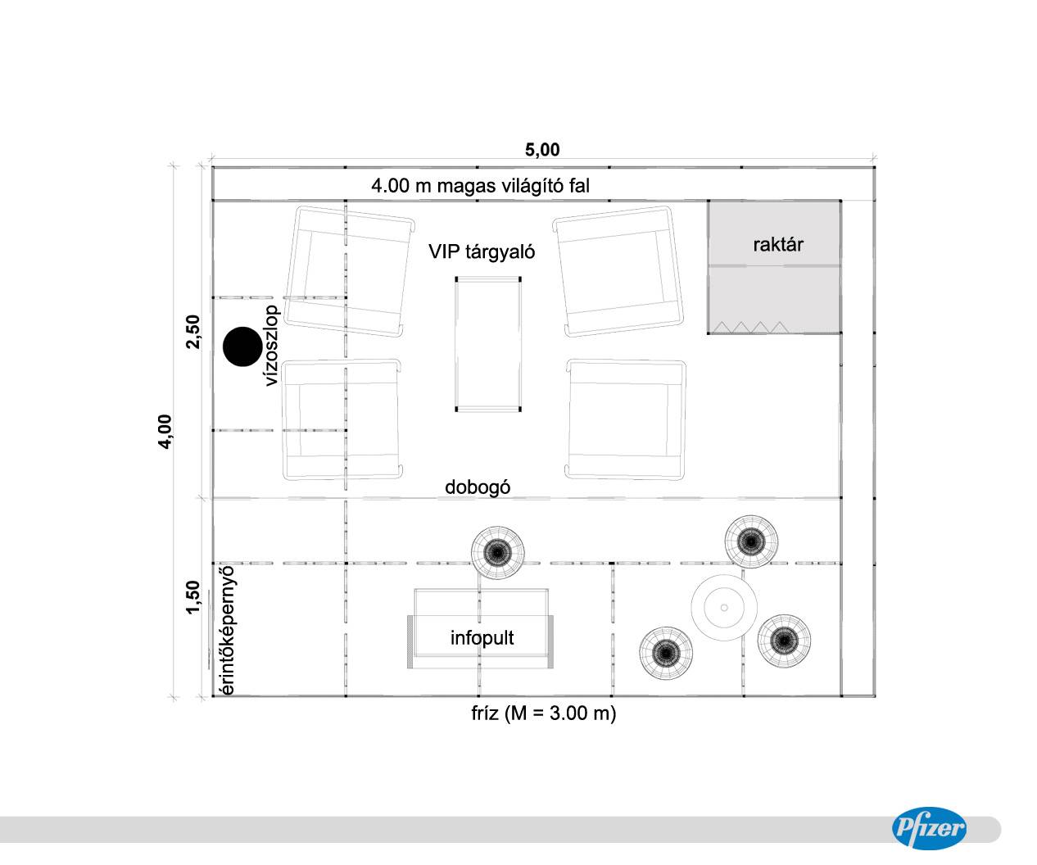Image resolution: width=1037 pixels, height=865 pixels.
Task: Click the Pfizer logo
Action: (x=929, y=828)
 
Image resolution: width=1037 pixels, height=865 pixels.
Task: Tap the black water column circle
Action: (x=242, y=346)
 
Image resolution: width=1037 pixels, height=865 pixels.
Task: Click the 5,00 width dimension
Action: (x=542, y=149)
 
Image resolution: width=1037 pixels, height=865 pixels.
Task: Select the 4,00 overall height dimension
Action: (x=165, y=432)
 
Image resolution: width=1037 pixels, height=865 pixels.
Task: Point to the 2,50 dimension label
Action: (x=192, y=332)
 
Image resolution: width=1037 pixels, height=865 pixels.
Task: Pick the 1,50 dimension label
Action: (x=192, y=597)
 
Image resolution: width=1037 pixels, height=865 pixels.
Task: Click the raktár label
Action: (x=778, y=244)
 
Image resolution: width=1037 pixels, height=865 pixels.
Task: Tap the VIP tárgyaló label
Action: (x=482, y=251)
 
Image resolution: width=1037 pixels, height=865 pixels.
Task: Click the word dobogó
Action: (x=478, y=487)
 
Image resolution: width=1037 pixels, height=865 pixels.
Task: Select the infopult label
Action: (x=482, y=637)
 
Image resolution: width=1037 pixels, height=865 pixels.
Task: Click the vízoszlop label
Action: (x=272, y=345)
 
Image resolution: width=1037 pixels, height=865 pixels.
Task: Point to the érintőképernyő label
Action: (x=226, y=630)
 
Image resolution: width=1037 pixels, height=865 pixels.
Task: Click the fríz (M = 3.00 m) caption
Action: (x=543, y=713)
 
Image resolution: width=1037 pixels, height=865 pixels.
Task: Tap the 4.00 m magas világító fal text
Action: (x=480, y=186)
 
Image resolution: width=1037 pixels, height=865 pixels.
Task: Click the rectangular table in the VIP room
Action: (x=488, y=344)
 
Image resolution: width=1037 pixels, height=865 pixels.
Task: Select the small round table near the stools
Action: (x=723, y=607)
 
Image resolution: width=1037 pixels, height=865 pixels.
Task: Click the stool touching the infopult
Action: (x=498, y=553)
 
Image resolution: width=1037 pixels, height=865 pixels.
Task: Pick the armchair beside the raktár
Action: (x=618, y=271)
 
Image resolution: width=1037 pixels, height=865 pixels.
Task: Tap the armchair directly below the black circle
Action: (x=342, y=419)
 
